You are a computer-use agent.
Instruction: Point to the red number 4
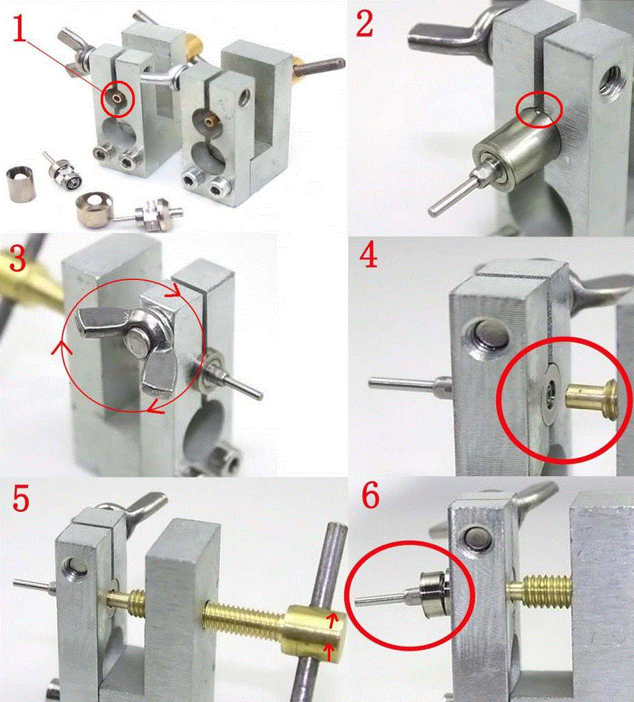tap(368, 256)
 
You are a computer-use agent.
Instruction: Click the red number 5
tap(21, 498)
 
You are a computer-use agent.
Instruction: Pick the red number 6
tap(369, 496)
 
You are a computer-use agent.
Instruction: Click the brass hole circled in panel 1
tap(117, 97)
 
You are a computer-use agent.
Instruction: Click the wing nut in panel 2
tap(452, 34)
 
